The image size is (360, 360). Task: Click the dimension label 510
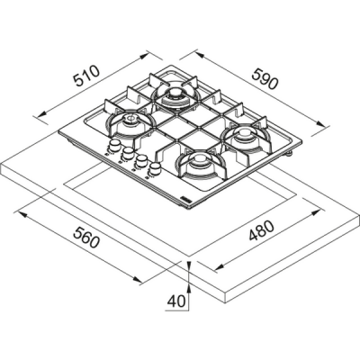86,76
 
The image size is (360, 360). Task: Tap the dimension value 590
265,79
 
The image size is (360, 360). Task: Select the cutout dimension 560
86,238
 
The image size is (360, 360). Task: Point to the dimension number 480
262,230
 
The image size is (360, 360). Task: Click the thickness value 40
176,301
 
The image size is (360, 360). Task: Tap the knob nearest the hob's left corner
113,146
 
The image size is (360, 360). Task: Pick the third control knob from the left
140,160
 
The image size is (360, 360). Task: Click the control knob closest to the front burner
155,168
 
